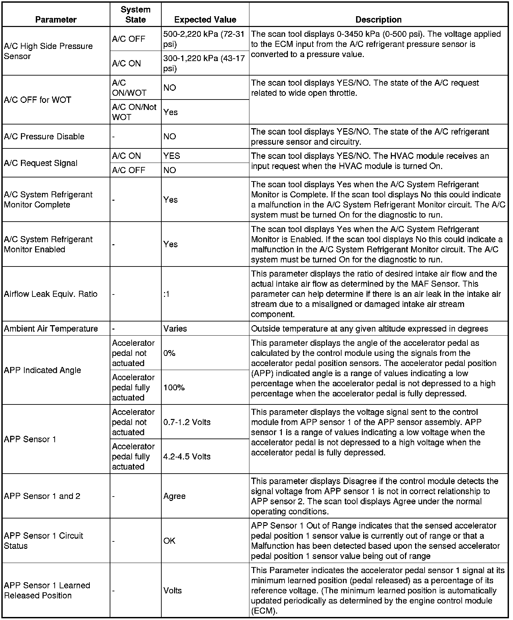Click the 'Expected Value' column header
(x=205, y=20)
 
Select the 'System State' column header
(x=135, y=15)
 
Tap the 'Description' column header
(x=378, y=20)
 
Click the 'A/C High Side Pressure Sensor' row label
(x=48, y=51)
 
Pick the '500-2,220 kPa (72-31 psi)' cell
(x=204, y=39)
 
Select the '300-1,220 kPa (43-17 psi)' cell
(x=204, y=63)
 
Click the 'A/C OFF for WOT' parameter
(x=37, y=100)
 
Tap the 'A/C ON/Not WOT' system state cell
(x=134, y=112)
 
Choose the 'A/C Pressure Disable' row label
(x=44, y=136)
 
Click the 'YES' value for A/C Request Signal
(x=171, y=156)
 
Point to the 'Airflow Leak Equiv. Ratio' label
(x=51, y=294)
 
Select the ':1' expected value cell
(x=166, y=294)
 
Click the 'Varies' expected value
(x=175, y=329)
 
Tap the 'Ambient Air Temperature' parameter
(x=51, y=329)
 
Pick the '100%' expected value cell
(x=174, y=388)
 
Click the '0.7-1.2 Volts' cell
(x=187, y=422)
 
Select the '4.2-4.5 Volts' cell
(x=187, y=456)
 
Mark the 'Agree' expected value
(x=174, y=496)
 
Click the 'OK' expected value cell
(x=169, y=541)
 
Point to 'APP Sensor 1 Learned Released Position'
(x=47, y=590)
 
